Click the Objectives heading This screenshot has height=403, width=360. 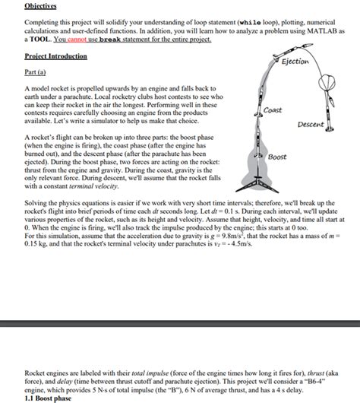click(x=40, y=6)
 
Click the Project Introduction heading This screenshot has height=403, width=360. click(x=55, y=56)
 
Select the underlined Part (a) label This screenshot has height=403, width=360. click(x=35, y=72)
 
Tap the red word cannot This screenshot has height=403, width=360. click(x=77, y=40)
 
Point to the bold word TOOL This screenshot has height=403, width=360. click(x=40, y=40)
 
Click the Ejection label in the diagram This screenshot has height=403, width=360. click(x=295, y=62)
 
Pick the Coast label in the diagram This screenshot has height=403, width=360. click(x=273, y=110)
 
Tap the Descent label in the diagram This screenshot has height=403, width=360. click(x=311, y=125)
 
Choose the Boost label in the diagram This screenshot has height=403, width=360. click(x=277, y=157)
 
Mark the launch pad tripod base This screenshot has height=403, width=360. click(x=257, y=185)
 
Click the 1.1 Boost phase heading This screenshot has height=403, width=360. click(x=48, y=398)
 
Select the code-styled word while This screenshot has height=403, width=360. click(x=250, y=23)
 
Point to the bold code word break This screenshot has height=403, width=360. click(x=110, y=40)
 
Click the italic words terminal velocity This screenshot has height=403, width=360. click(x=93, y=186)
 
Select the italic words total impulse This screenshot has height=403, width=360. click(x=150, y=373)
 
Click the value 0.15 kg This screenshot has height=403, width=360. click(x=36, y=243)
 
